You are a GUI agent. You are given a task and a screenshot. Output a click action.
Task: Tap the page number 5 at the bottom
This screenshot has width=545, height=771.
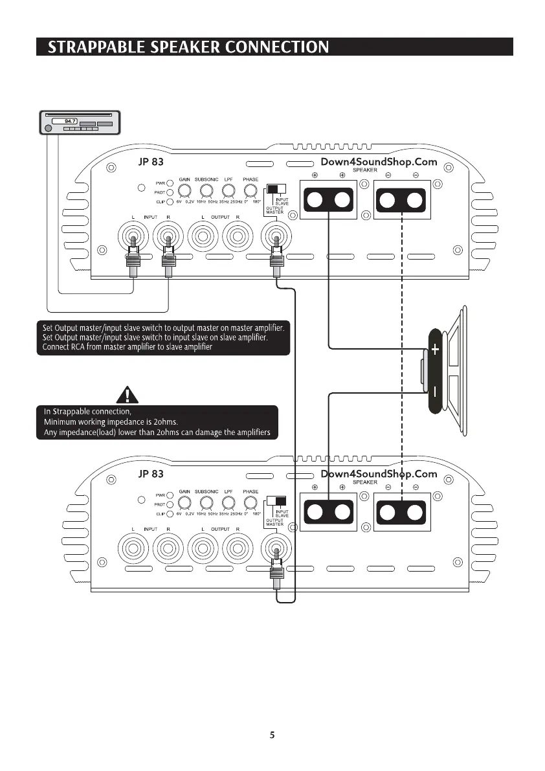pos(272,735)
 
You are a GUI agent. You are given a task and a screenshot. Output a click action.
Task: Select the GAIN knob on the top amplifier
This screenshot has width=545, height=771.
pos(185,190)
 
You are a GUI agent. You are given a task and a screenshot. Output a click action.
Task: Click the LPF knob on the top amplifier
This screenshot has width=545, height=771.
pos(228,190)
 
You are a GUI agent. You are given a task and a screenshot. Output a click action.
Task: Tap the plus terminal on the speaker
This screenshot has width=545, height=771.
pos(435,350)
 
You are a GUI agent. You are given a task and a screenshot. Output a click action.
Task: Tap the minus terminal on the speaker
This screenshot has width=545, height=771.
pos(435,392)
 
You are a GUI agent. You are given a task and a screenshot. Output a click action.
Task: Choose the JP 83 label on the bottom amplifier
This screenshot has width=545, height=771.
pos(151,474)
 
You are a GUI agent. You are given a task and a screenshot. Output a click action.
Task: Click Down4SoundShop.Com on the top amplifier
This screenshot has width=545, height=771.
pos(379,162)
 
